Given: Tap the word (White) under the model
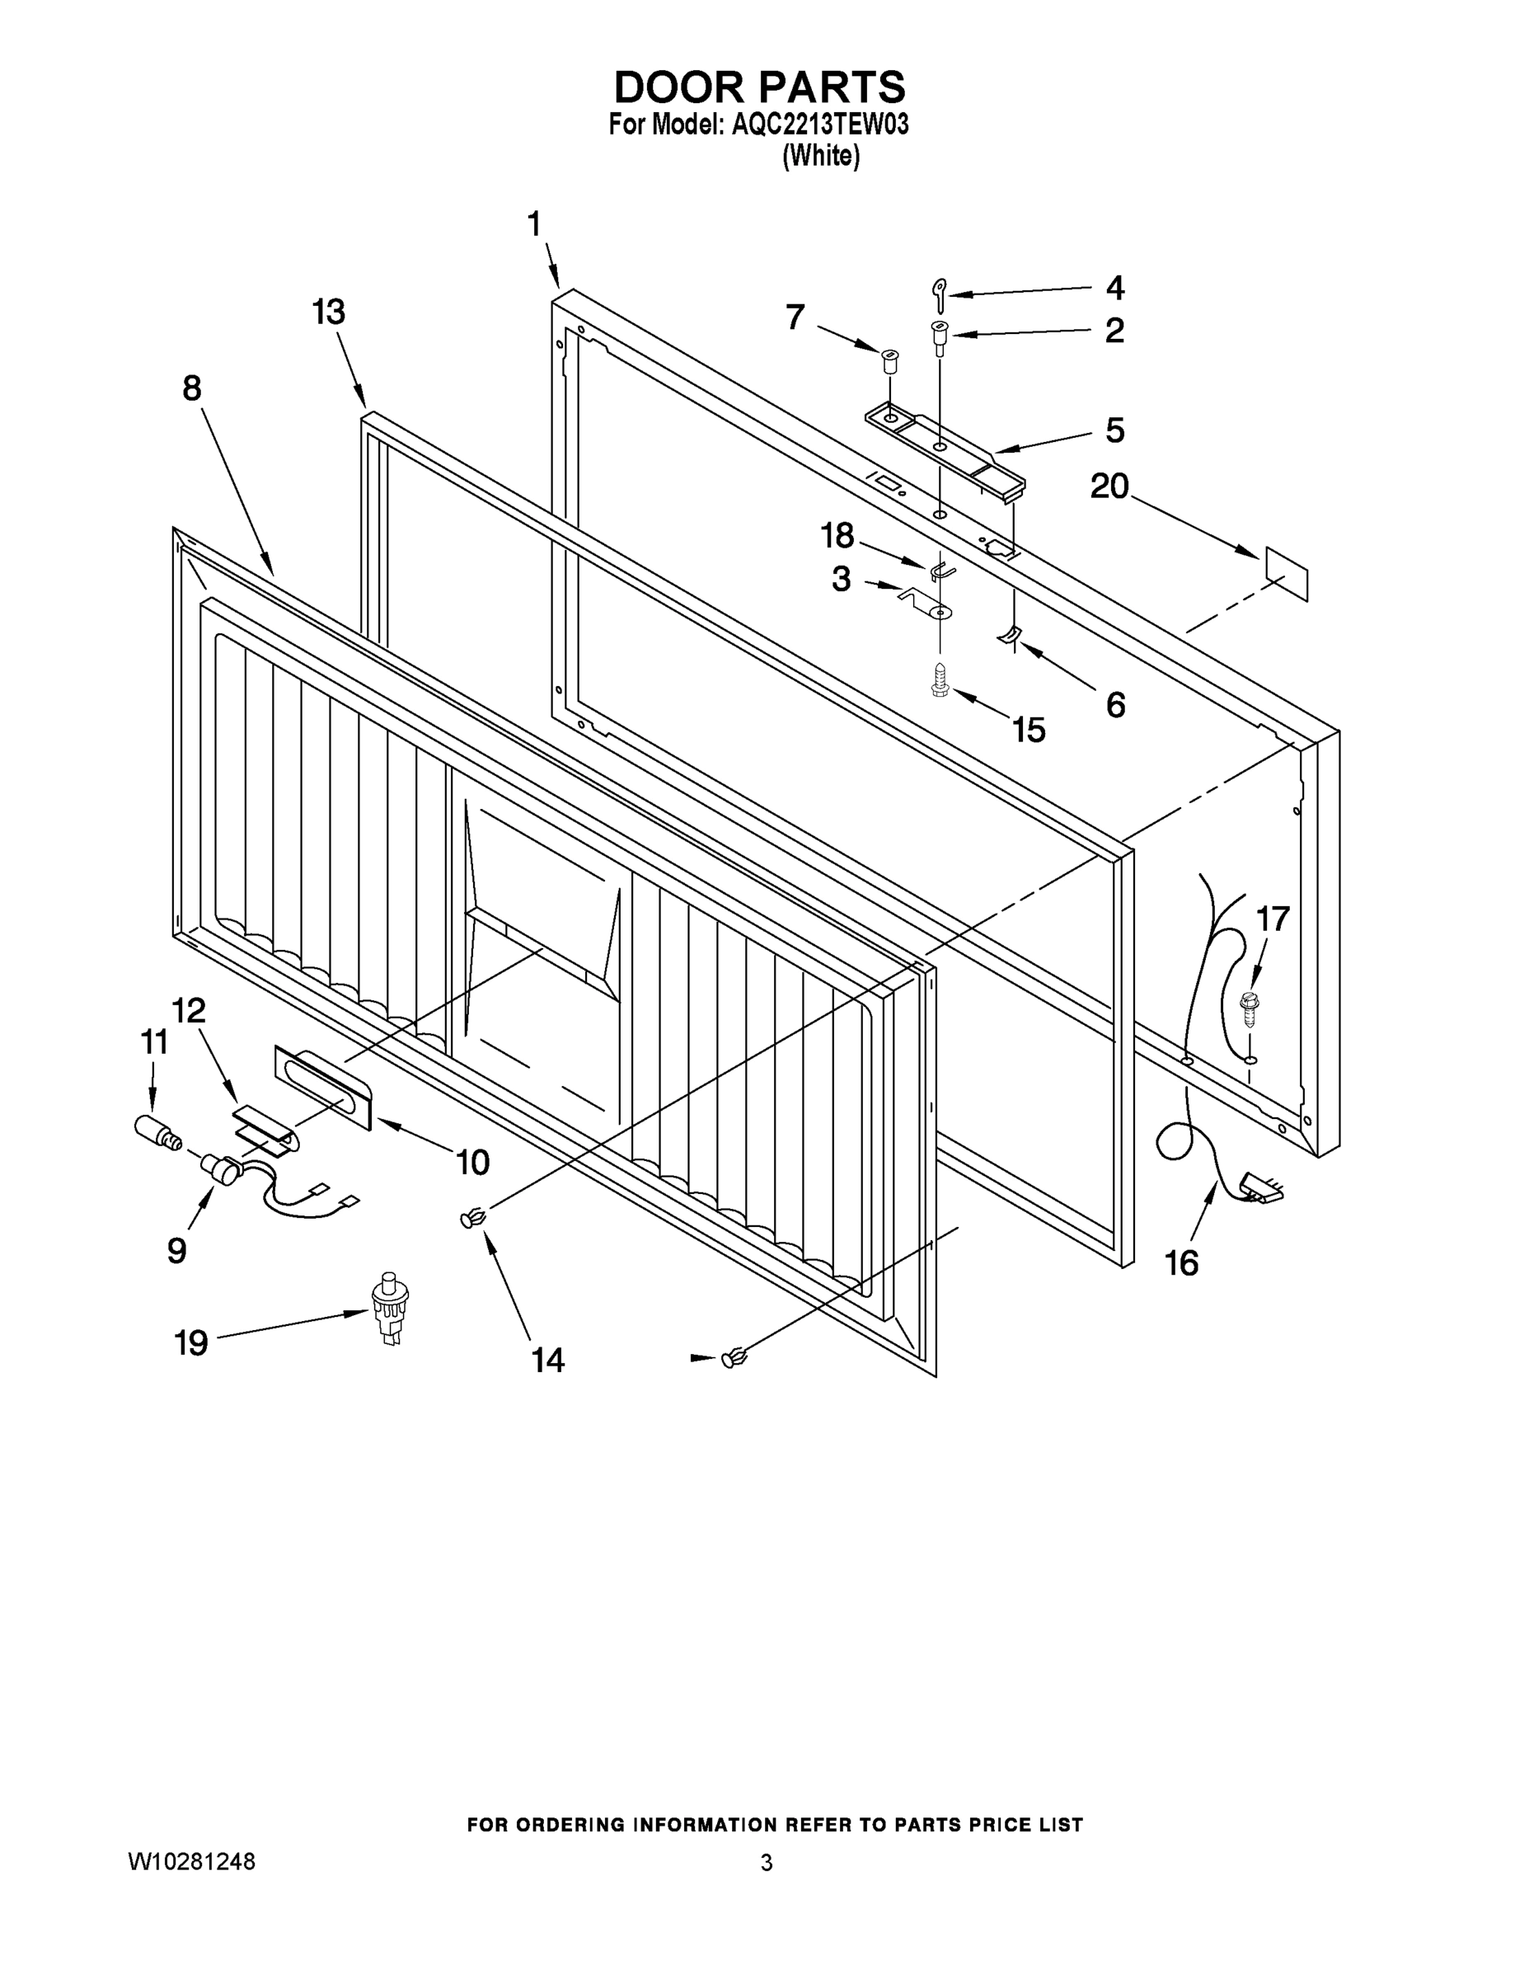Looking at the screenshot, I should coord(821,156).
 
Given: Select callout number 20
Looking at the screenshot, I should coord(1109,487).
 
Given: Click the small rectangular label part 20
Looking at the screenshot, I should coord(1286,574).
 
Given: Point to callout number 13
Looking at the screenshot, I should coord(329,312).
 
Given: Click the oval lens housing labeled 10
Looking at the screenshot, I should coord(322,1087).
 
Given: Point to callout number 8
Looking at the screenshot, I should coord(191,388).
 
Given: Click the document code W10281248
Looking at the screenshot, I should coord(191,1862).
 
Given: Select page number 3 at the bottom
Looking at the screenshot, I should coord(767,1863).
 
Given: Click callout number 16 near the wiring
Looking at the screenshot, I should coord(1181,1262).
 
